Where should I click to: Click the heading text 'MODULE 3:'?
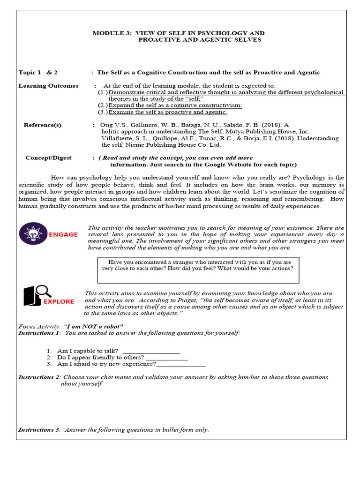click(x=112, y=33)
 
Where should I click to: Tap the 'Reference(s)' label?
click(x=43, y=125)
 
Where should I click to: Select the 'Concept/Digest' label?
click(x=48, y=158)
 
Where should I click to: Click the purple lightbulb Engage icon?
click(x=33, y=233)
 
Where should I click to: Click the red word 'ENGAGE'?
click(x=63, y=234)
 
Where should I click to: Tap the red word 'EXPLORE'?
click(x=59, y=301)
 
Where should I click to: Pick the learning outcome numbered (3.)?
click(x=167, y=112)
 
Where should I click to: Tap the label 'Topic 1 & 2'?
click(x=38, y=73)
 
